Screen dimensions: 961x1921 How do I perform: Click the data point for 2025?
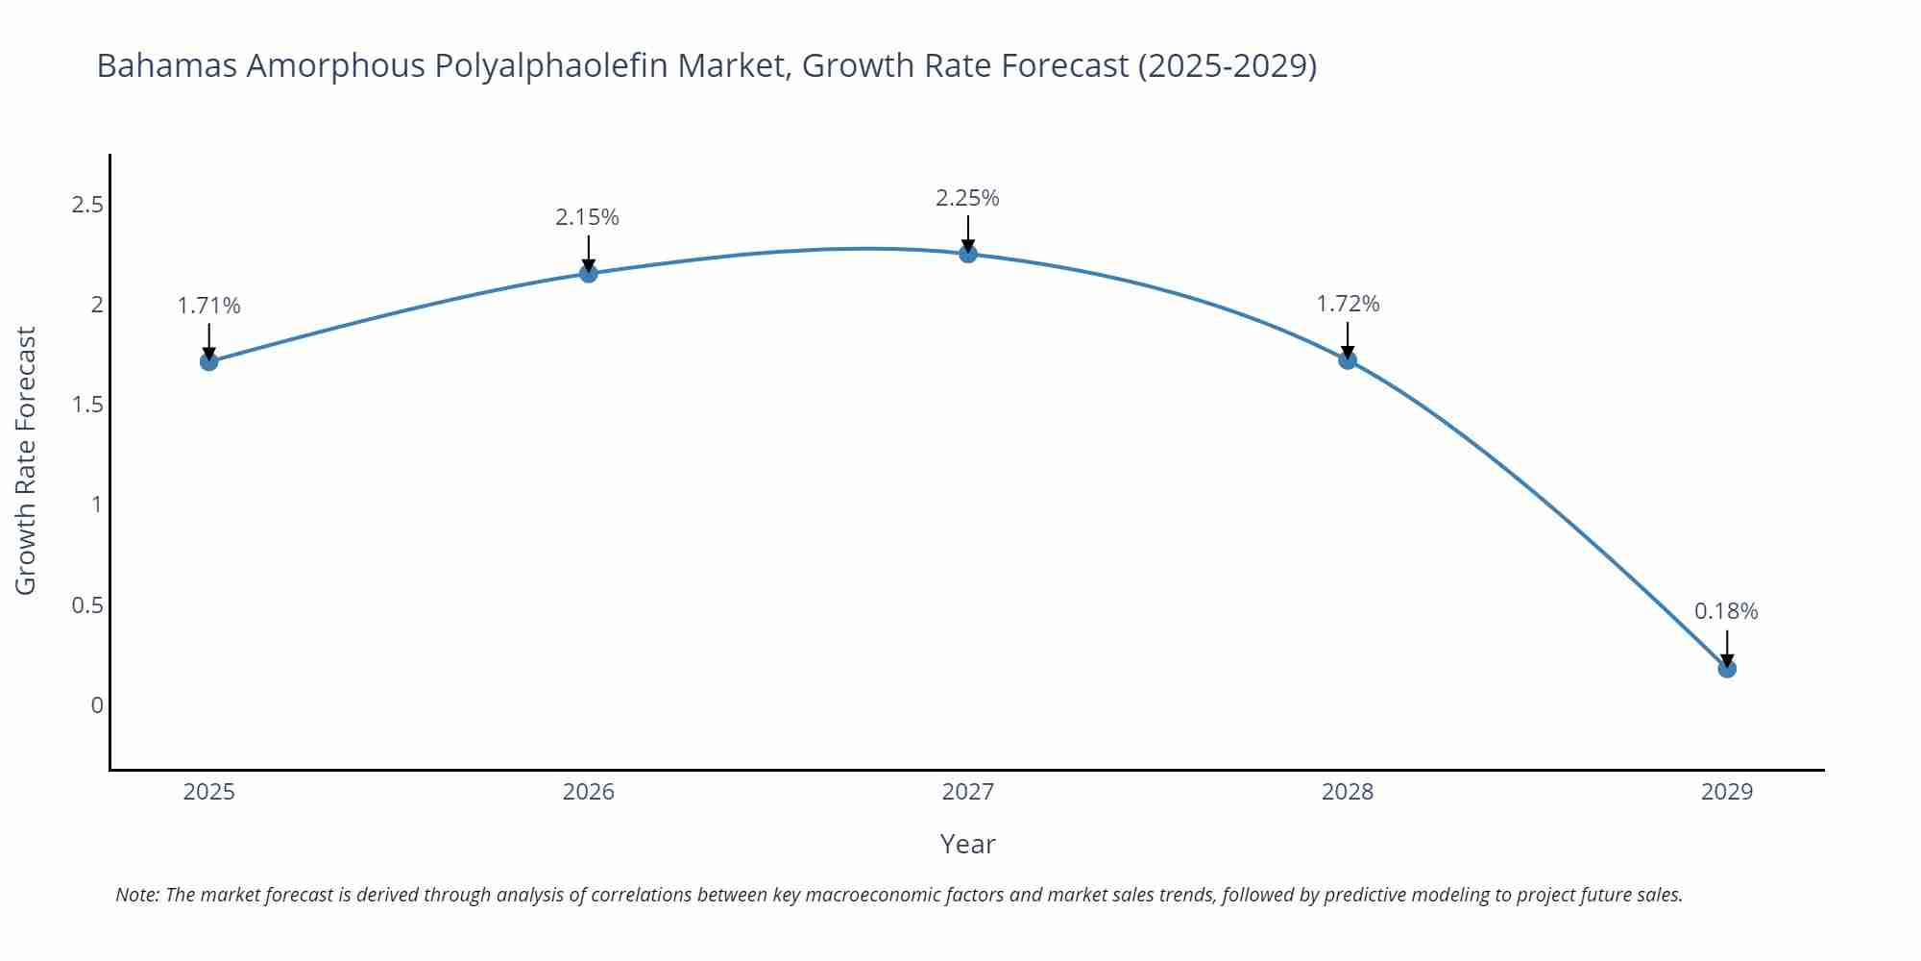208,361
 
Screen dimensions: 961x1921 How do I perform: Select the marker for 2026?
588,274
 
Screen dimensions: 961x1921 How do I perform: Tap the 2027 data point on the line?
967,254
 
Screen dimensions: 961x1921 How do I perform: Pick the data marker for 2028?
1347,360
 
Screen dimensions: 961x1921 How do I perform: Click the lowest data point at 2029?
1726,668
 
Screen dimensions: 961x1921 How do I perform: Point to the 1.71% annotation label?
208,306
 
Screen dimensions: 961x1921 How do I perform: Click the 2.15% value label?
587,217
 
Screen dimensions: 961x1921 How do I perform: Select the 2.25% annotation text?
967,198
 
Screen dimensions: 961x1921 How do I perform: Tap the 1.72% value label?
1347,304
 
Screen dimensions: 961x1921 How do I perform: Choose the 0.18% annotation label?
1725,611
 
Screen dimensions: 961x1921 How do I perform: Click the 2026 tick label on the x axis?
588,792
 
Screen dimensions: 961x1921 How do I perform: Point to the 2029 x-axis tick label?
1726,792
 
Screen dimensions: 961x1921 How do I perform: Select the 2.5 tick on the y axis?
87,205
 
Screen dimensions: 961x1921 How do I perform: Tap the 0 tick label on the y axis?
96,705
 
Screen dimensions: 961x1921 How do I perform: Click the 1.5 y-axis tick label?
87,405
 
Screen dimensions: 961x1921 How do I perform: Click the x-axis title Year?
967,844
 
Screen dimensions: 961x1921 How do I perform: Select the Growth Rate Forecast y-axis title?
26,460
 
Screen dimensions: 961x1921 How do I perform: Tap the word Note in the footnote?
136,895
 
